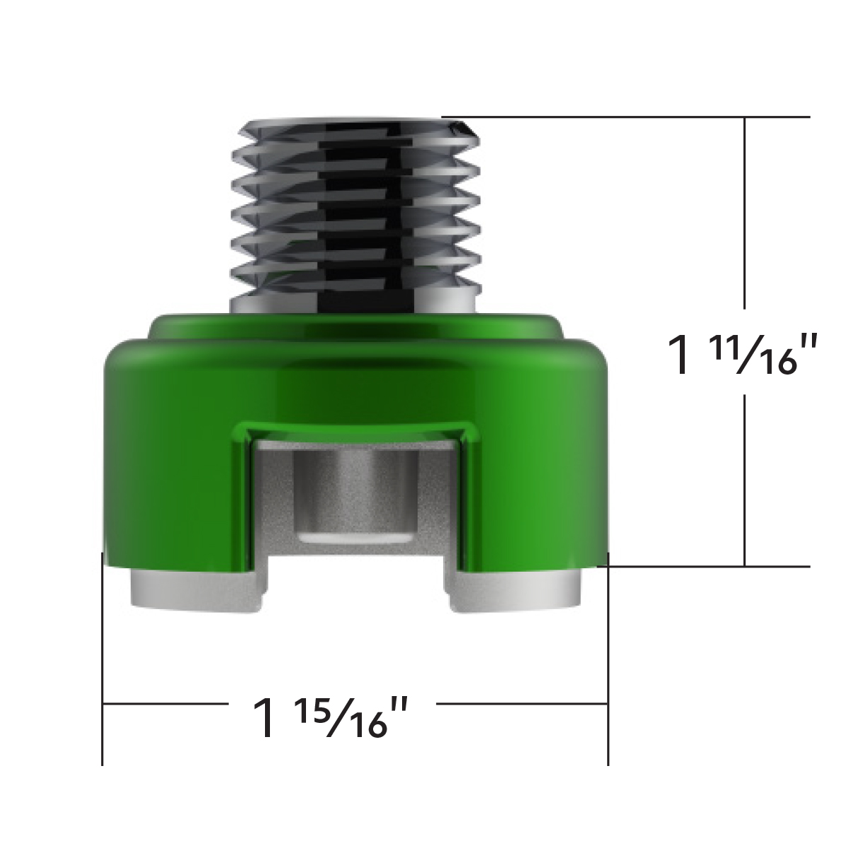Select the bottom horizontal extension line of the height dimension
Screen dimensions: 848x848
pyautogui.click(x=707, y=566)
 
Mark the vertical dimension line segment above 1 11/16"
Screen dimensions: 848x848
pyautogui.click(x=745, y=212)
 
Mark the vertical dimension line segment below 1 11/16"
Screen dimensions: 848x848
pyautogui.click(x=745, y=481)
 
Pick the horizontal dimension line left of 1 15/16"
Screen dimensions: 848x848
pyautogui.click(x=163, y=704)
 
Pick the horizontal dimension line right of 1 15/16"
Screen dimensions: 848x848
pyautogui.click(x=523, y=704)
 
